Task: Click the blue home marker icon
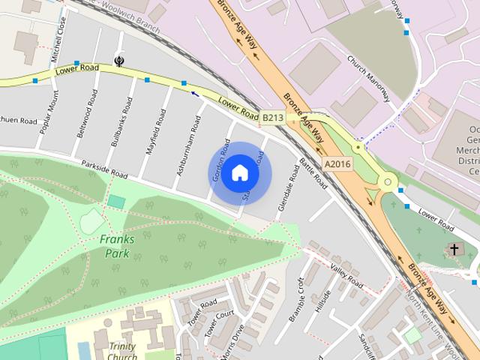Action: point(239,173)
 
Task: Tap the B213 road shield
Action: point(272,118)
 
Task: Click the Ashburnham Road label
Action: point(187,146)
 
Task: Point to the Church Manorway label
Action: point(368,77)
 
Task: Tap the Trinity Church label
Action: point(122,352)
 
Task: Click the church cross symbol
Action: point(453,248)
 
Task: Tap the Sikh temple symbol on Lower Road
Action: point(118,60)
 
